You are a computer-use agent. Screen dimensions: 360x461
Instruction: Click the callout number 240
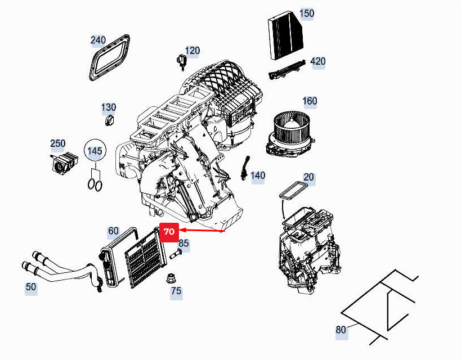[x=99, y=40]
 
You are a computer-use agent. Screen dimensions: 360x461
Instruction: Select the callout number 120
[x=193, y=51]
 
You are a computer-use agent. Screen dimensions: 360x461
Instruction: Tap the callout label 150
[x=307, y=13]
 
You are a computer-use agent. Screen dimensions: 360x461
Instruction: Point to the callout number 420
[x=318, y=61]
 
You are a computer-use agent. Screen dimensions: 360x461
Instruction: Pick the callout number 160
[x=310, y=101]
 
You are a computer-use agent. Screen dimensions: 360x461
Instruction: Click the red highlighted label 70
[x=169, y=232]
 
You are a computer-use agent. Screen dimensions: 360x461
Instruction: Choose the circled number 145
[x=95, y=151]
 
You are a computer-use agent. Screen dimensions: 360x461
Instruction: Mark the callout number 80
[x=341, y=330]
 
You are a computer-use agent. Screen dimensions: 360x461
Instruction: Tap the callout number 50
[x=31, y=287]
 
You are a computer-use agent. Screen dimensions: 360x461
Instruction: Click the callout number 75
[x=176, y=291]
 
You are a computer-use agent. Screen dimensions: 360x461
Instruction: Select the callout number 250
[x=58, y=144]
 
